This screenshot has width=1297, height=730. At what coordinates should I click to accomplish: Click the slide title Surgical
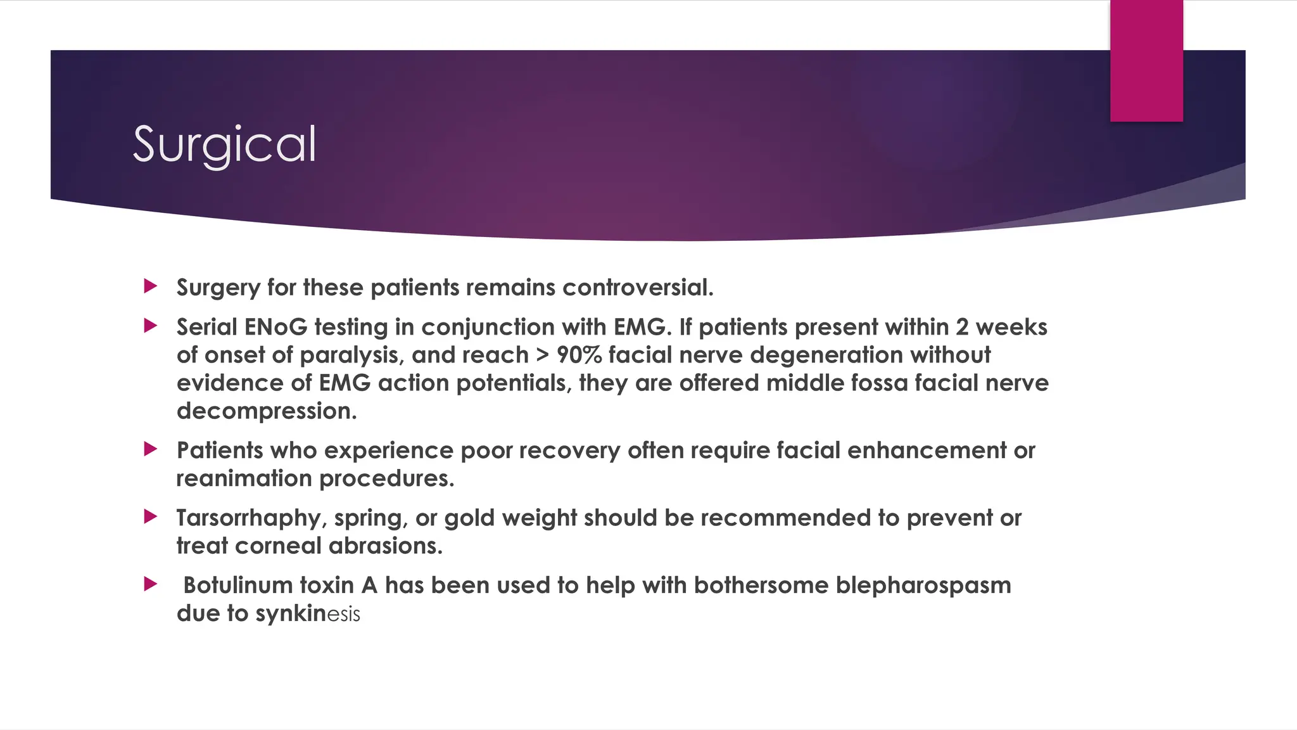tap(224, 144)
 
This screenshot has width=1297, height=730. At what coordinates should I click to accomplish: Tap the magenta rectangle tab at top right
tap(1146, 61)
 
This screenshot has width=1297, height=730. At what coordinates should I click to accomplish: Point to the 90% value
tap(579, 355)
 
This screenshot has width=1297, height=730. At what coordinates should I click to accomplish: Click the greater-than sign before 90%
tap(543, 355)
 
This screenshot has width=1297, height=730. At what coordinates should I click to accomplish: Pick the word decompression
tap(267, 411)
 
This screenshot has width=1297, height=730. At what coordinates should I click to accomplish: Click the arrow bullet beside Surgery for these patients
tap(151, 286)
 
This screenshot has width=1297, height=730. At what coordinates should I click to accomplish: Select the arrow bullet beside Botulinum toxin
tap(151, 584)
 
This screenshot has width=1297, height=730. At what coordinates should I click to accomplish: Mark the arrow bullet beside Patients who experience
tap(151, 449)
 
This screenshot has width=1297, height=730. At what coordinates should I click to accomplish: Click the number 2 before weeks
tap(962, 327)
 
